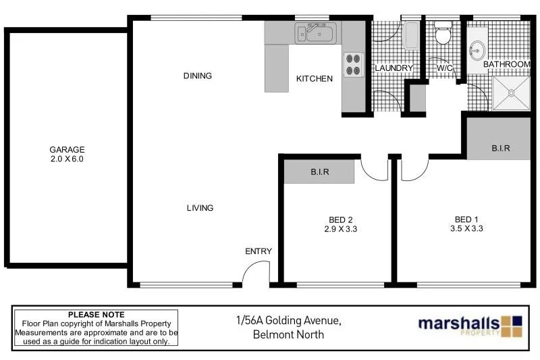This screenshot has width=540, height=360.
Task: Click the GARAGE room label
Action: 66,150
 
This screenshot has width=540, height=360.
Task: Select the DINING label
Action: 197,76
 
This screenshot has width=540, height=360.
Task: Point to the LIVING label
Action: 200,208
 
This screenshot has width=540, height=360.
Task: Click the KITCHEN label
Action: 315,79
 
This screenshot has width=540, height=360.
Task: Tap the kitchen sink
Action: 315,32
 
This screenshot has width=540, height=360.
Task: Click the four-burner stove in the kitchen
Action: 352,64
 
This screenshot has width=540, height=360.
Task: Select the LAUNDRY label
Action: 393,68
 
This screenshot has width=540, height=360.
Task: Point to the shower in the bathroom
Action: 512,93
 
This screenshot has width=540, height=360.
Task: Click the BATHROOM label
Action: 506,64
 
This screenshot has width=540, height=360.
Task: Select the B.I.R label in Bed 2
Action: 319,172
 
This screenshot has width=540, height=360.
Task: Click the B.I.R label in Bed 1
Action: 500,148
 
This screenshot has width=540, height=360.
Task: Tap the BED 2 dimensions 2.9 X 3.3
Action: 341,228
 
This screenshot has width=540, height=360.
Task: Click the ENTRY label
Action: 258,251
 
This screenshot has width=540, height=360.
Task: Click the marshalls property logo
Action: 469,324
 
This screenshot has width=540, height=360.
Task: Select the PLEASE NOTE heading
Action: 97,315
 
